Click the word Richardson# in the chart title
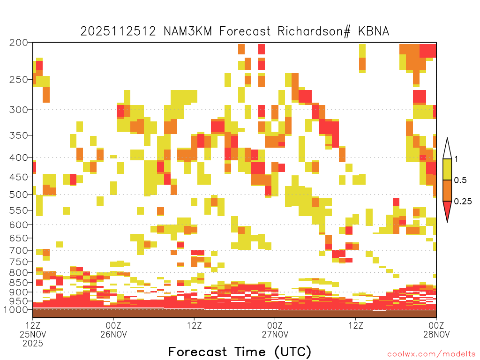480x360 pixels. pos(314,31)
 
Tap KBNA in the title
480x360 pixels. pos(374,31)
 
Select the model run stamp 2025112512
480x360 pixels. pos(118,31)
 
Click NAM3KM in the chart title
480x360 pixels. pos(187,31)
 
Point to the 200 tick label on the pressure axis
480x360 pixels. pos(19,43)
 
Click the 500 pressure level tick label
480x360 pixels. pos(19,195)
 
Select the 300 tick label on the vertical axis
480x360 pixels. pos(19,110)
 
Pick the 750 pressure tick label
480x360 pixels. pos(19,262)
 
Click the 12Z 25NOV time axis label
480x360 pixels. pos(33,334)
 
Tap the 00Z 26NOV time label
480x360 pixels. pos(113,330)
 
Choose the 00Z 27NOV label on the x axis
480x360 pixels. pos(275,330)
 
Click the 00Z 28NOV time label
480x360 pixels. pos(436,330)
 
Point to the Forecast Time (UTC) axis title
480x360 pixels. pos(240,352)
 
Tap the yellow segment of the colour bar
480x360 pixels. pos(447,169)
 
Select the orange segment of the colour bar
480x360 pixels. pos(447,190)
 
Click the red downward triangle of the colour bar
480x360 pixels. pos(447,209)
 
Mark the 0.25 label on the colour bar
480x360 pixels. pos(463,202)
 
